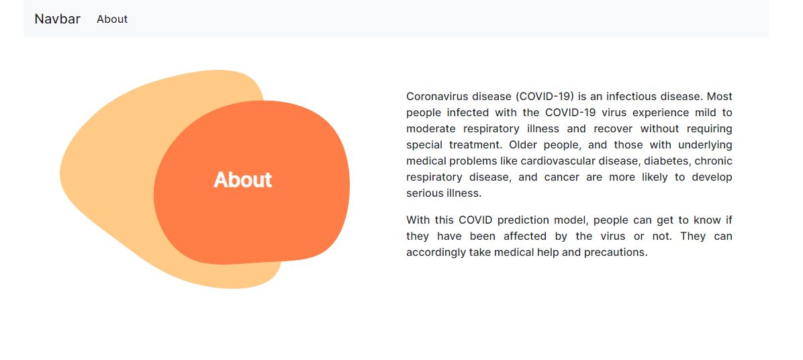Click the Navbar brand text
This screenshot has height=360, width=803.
tap(57, 19)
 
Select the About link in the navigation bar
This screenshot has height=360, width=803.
tap(112, 19)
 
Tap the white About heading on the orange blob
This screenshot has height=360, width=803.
tap(243, 180)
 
